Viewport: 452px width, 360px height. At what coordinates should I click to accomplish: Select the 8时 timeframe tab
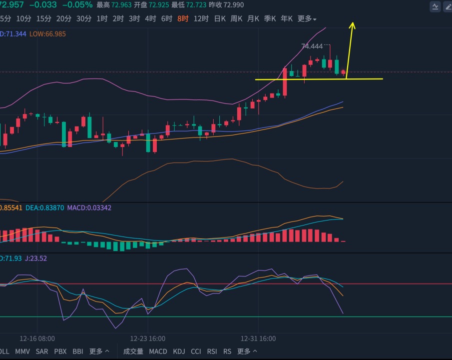[183, 19]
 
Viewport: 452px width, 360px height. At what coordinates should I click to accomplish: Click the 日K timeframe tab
[220, 19]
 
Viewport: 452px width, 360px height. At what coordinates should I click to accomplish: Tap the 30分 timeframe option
[83, 19]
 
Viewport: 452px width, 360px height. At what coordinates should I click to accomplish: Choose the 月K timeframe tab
[253, 19]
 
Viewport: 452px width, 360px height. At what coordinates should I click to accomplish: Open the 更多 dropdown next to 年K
[307, 19]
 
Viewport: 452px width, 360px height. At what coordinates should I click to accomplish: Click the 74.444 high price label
[312, 46]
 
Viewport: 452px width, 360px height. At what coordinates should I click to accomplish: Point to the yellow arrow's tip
[352, 22]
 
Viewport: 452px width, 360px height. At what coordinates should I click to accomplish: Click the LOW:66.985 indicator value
[47, 34]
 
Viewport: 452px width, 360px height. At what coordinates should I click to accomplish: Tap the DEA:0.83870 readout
[44, 208]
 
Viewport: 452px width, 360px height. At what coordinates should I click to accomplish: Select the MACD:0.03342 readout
[89, 208]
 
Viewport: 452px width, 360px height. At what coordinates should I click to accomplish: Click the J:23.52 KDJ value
[36, 258]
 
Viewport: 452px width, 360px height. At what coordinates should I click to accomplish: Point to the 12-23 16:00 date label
[148, 338]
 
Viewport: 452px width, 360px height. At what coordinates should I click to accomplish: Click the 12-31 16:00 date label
[258, 338]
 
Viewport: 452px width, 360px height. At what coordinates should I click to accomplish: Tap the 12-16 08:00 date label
[37, 338]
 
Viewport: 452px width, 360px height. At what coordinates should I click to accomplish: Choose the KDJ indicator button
[179, 351]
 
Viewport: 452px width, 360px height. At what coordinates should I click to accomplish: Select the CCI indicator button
[196, 351]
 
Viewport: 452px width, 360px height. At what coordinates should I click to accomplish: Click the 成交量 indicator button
[133, 351]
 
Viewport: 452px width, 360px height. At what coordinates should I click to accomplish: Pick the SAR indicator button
[42, 351]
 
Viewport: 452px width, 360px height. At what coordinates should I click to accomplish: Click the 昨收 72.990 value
[226, 5]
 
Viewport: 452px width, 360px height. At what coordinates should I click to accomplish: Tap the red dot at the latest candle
[343, 72]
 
